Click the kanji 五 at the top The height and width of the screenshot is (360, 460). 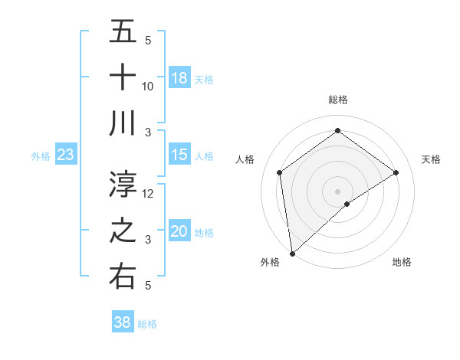pos(123,31)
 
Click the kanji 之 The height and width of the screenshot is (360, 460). pos(123,231)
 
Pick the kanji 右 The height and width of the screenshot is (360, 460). pos(123,276)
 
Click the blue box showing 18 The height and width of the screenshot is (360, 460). pos(179,77)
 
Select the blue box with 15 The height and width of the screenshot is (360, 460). pos(179,155)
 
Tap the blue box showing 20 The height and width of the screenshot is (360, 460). pos(179,231)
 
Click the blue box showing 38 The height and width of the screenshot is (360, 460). pos(123,322)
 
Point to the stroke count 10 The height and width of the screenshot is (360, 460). pos(148,86)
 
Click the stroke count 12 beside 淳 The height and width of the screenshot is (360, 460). pos(148,193)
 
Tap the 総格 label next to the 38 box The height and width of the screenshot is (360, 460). pos(147,324)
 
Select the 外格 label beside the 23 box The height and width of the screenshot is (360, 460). pos(41,156)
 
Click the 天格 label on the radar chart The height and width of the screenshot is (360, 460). pos(431,159)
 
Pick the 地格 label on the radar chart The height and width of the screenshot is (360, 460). pos(402,262)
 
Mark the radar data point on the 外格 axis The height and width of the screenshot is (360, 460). pos(291,253)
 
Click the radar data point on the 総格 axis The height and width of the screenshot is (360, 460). pos(337,131)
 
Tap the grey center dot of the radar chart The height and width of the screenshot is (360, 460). pos(337,190)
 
